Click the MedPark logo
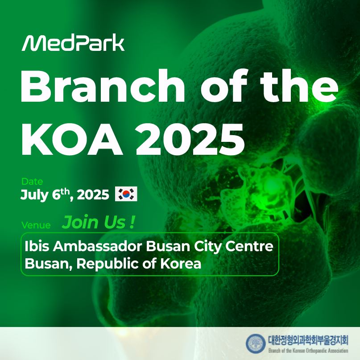pyautogui.click(x=73, y=43)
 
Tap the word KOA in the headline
pyautogui.click(x=72, y=139)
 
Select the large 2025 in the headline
pyautogui.click(x=190, y=139)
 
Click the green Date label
pyautogui.click(x=32, y=182)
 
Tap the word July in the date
pyautogui.click(x=34, y=195)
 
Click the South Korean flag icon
pyautogui.click(x=126, y=194)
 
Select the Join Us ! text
pyautogui.click(x=98, y=222)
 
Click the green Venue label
pyautogui.click(x=36, y=225)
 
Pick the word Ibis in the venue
pyautogui.click(x=37, y=246)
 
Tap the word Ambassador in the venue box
pyautogui.click(x=97, y=246)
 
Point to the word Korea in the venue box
pyautogui.click(x=181, y=264)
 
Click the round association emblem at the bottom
pyautogui.click(x=256, y=343)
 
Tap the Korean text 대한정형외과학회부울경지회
pyautogui.click(x=308, y=340)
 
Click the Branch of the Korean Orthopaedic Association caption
pyautogui.click(x=308, y=351)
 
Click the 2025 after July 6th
pyautogui.click(x=93, y=195)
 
